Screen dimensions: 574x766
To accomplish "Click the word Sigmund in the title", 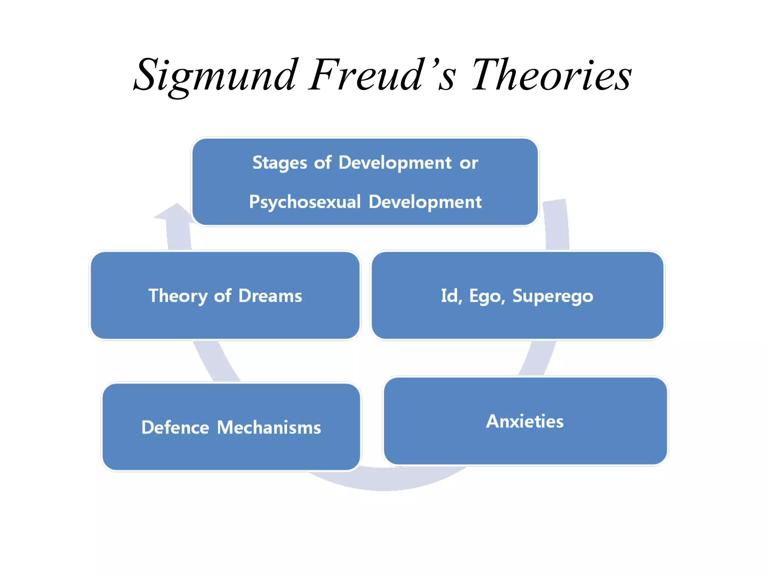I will click(215, 77).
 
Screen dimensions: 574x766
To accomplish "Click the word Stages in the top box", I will click(280, 163).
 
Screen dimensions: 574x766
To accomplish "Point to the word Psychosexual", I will click(304, 202).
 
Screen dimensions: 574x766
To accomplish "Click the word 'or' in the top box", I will click(469, 163).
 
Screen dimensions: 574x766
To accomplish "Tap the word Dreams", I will click(270, 296).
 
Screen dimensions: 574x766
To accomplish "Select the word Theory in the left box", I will click(178, 296).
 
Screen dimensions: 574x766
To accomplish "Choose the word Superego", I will click(552, 296).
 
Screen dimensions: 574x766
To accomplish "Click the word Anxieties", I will click(525, 422).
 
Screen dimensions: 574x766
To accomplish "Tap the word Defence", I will click(175, 428).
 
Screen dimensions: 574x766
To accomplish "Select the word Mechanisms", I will click(269, 428).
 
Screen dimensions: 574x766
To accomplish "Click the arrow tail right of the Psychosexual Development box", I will click(557, 224).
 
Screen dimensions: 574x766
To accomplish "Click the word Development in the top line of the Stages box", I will click(395, 163).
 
